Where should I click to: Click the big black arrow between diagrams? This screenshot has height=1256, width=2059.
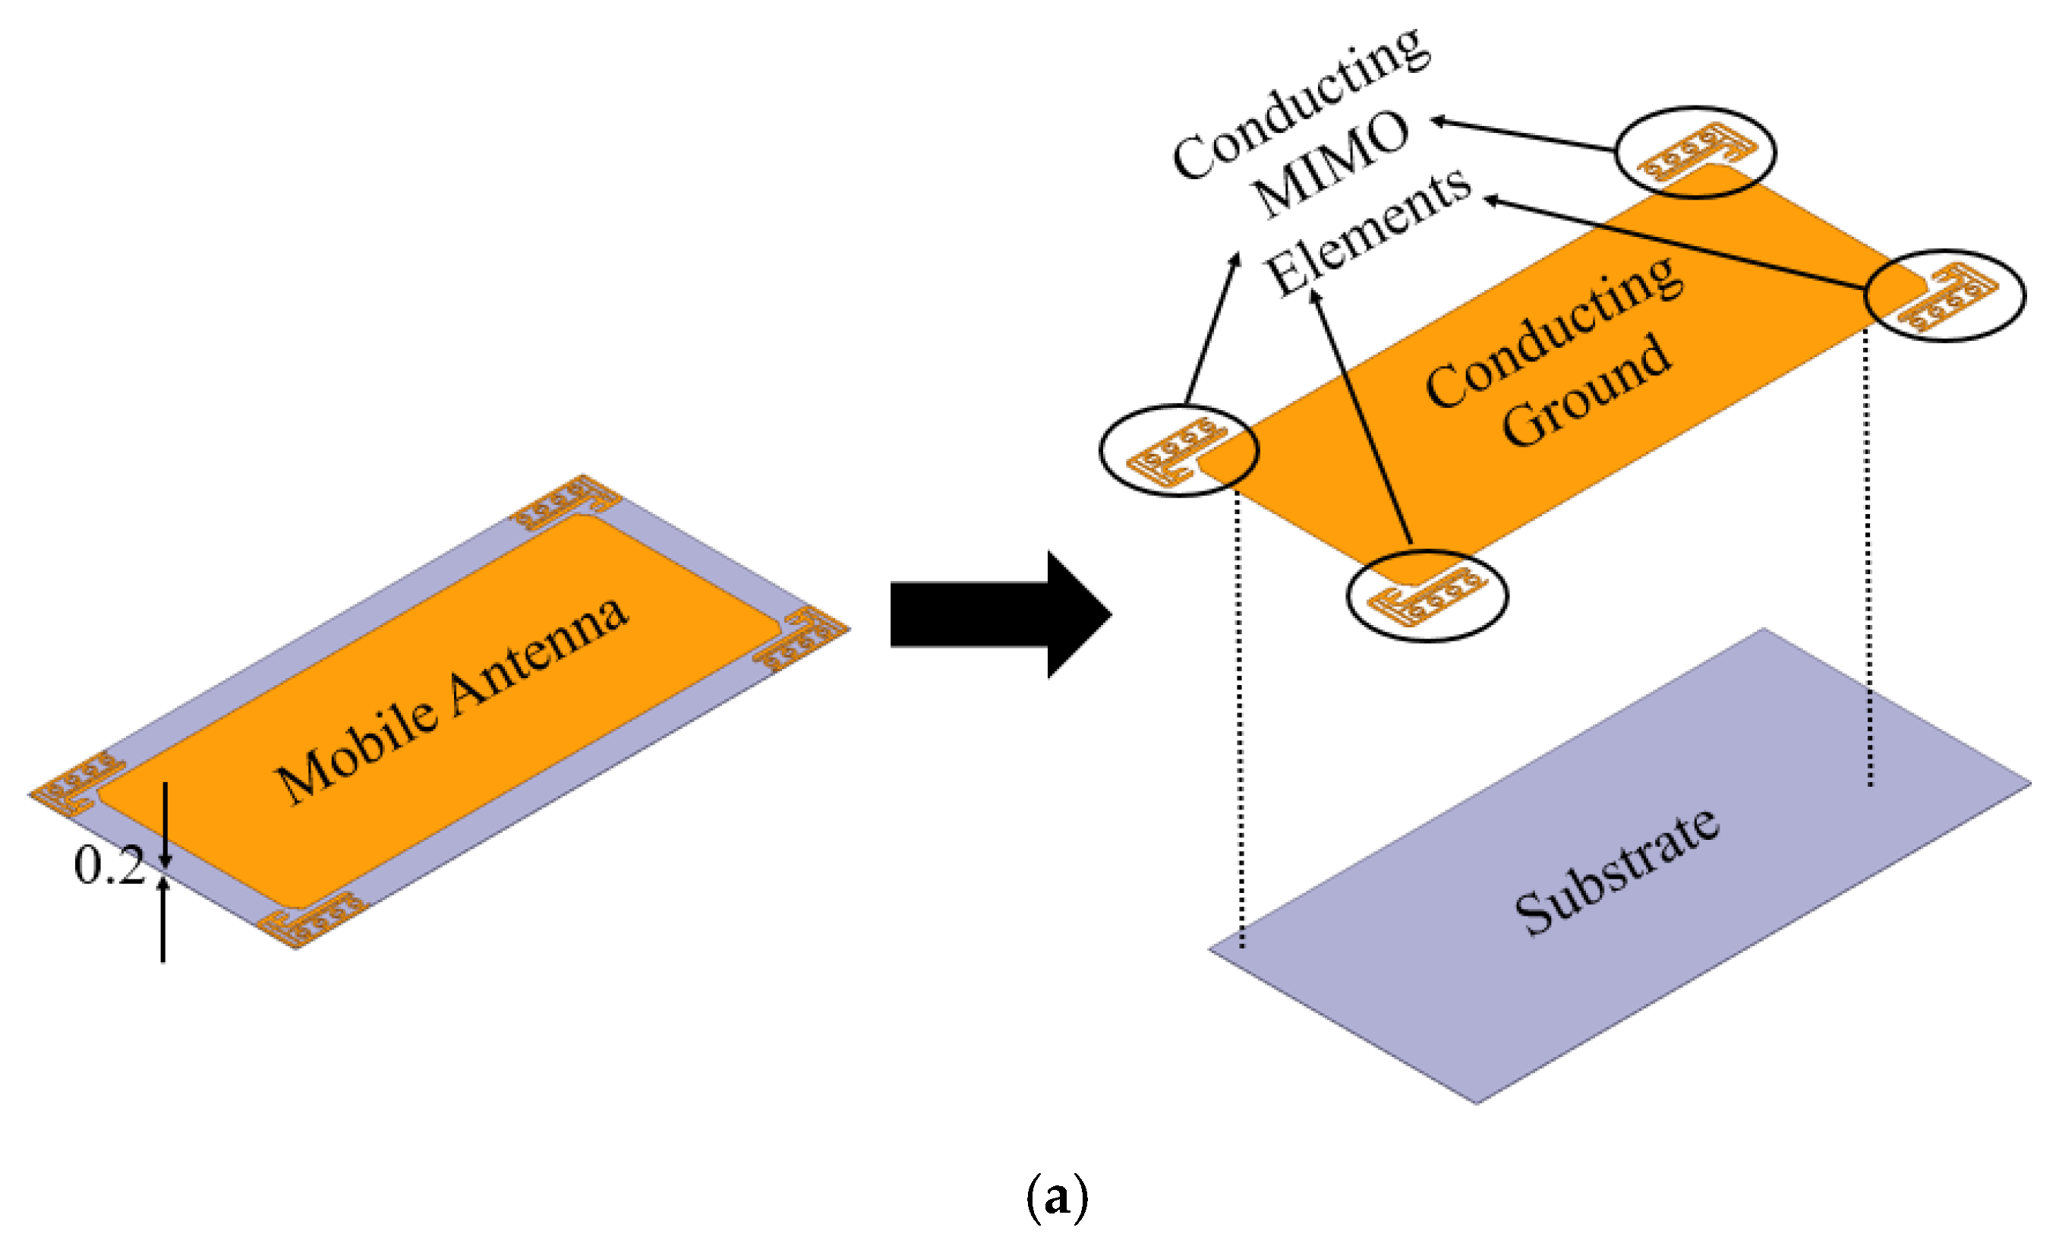point(995,614)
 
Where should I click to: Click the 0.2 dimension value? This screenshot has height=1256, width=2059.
point(109,865)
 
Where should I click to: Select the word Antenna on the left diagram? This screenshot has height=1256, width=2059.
point(539,657)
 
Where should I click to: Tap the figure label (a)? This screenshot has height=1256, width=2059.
point(1056,1198)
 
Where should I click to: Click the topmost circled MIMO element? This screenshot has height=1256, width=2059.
point(1695,152)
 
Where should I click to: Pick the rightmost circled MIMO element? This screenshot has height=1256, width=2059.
point(1945,295)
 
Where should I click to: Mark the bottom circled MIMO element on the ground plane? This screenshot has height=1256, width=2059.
point(1427,596)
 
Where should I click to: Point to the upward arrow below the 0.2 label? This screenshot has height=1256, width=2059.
point(163,920)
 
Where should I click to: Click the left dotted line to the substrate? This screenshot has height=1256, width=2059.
point(1240,718)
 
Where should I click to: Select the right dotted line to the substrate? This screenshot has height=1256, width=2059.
point(1868,560)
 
